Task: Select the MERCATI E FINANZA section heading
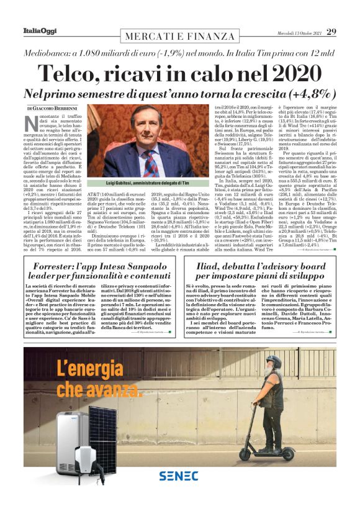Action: pyautogui.click(x=180, y=37)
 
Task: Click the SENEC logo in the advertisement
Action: pyautogui.click(x=179, y=475)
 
